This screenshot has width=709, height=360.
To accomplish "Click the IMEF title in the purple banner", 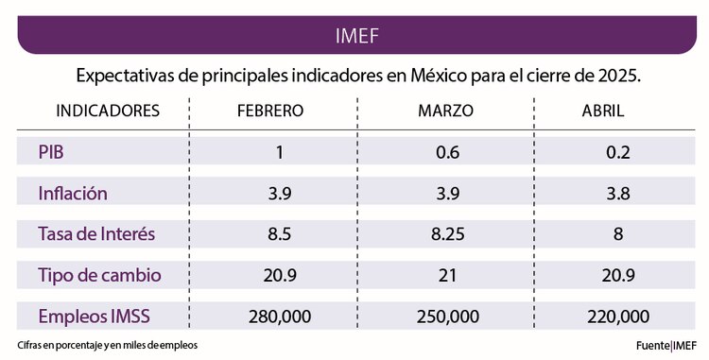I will click(x=357, y=36).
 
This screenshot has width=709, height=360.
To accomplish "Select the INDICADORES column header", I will click(x=107, y=111).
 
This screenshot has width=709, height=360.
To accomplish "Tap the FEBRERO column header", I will click(x=269, y=111).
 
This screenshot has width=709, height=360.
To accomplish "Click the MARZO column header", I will click(x=445, y=111).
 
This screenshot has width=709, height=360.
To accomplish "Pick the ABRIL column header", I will click(x=602, y=111).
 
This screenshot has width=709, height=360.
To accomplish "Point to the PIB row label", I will click(x=51, y=151).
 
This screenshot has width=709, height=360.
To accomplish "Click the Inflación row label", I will click(x=72, y=193).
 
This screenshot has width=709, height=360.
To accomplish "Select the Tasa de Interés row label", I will click(x=95, y=233).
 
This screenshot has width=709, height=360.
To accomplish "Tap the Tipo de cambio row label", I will click(x=99, y=275).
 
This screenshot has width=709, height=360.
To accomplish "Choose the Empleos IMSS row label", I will click(x=95, y=316).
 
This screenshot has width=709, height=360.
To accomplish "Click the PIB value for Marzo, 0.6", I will click(x=445, y=152).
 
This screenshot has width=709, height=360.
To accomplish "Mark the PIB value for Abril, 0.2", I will click(x=619, y=152).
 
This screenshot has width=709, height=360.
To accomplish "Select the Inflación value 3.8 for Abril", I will click(x=619, y=194).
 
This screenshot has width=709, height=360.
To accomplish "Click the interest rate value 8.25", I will click(x=445, y=234).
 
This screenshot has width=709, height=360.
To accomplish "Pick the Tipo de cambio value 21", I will click(x=445, y=276).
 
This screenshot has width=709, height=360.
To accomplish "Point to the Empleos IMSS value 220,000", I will click(x=618, y=317).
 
